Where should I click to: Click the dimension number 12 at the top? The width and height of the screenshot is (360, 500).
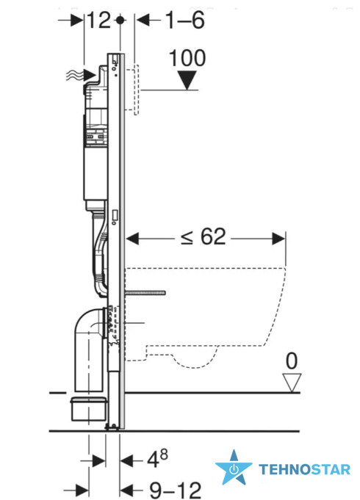click(x=99, y=21)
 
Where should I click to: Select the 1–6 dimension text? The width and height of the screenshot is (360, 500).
click(x=185, y=21)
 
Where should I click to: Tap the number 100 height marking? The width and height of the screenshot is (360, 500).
click(x=187, y=58)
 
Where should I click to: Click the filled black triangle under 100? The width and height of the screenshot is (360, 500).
click(x=187, y=80)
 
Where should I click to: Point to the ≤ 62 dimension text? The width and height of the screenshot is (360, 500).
click(x=204, y=237)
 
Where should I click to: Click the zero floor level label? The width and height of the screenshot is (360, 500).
click(x=292, y=361)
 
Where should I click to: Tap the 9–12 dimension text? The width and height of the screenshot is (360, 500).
click(x=175, y=490)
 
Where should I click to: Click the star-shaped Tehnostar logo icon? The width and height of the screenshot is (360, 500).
click(x=234, y=468)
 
